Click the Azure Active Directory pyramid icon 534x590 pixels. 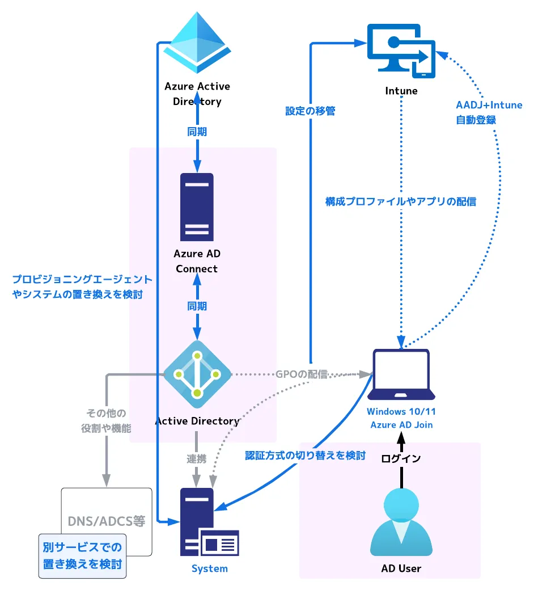coord(197,43)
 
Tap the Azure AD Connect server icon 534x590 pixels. coord(197,207)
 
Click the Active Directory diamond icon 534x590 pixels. coord(197,374)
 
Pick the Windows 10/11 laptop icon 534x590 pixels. coord(401,375)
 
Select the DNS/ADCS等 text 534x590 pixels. coord(107,520)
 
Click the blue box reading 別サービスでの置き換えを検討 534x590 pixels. coord(82,556)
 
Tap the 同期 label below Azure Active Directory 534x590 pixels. coord(197,132)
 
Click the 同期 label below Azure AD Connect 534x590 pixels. coord(197,306)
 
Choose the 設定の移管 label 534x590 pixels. coord(310,111)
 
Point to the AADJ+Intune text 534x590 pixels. coord(489,105)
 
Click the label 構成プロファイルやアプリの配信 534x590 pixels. coord(401,201)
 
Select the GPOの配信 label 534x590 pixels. coord(302,374)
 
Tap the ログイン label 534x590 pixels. coord(401,458)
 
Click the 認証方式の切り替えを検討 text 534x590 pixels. coord(305,455)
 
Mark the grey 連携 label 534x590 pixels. coord(197,458)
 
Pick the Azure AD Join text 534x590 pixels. coord(401,424)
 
